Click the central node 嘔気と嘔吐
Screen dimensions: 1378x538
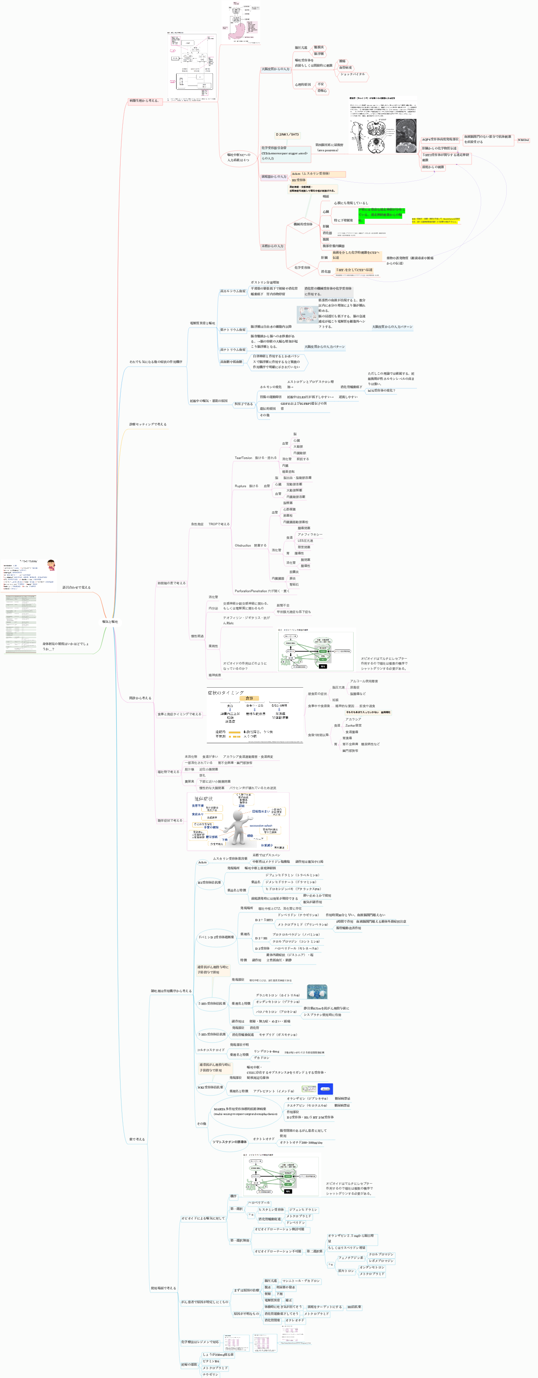[x=110, y=622]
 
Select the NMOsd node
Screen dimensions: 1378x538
[x=523, y=140]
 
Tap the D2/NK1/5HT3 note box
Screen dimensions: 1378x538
[x=287, y=135]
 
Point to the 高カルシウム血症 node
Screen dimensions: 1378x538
[x=233, y=292]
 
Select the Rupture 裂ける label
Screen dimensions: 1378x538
[x=246, y=486]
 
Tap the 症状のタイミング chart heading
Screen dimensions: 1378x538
[x=226, y=693]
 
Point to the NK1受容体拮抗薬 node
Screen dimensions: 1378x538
[x=210, y=1087]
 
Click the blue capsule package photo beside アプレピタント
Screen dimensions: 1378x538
[x=325, y=1089]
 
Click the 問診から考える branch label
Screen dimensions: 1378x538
[x=140, y=698]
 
